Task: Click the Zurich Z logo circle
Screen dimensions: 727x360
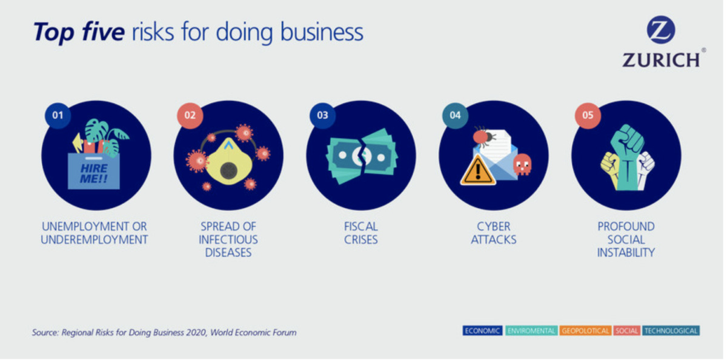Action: coord(660,30)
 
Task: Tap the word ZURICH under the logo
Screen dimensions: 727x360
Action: coord(661,61)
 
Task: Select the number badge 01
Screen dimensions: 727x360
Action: coord(58,116)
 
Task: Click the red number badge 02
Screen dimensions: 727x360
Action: coord(190,116)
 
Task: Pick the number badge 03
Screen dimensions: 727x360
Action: coord(322,116)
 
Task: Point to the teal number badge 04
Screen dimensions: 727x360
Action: coord(455,116)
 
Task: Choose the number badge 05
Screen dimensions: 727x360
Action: coord(588,116)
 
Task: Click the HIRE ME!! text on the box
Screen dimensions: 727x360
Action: coord(94,173)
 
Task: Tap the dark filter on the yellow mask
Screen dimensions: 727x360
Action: coord(228,170)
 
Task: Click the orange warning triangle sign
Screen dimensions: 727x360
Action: coord(478,170)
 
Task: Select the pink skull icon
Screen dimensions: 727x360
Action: coord(522,164)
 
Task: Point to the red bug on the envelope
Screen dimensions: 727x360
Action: coord(483,136)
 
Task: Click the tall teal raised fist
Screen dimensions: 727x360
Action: coord(627,156)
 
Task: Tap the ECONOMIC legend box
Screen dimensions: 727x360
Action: coord(482,331)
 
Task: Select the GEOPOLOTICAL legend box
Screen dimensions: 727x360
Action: coord(585,331)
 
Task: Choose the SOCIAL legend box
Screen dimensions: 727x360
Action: coord(626,331)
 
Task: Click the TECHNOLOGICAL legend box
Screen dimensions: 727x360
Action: coord(671,331)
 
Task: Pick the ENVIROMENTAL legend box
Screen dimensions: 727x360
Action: coord(531,331)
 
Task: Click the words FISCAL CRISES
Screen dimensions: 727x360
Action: coord(361,233)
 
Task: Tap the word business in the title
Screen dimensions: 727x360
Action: coord(322,32)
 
